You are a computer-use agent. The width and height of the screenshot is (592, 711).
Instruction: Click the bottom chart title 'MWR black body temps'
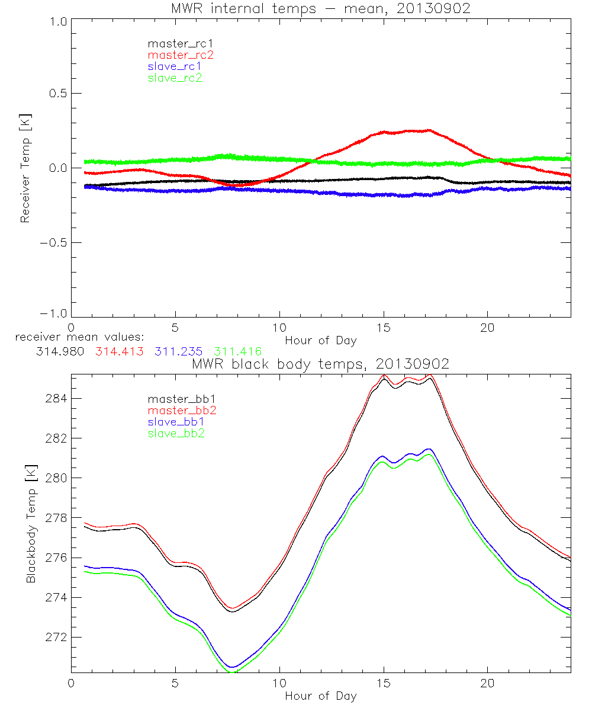[x=321, y=364]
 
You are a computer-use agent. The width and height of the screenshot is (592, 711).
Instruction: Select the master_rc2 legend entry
[x=180, y=55]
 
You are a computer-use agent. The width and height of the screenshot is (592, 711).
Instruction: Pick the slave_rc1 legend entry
[x=175, y=66]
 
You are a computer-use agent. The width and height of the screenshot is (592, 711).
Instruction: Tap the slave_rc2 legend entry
[x=175, y=78]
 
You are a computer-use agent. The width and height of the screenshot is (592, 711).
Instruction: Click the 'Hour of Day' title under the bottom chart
[x=321, y=696]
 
